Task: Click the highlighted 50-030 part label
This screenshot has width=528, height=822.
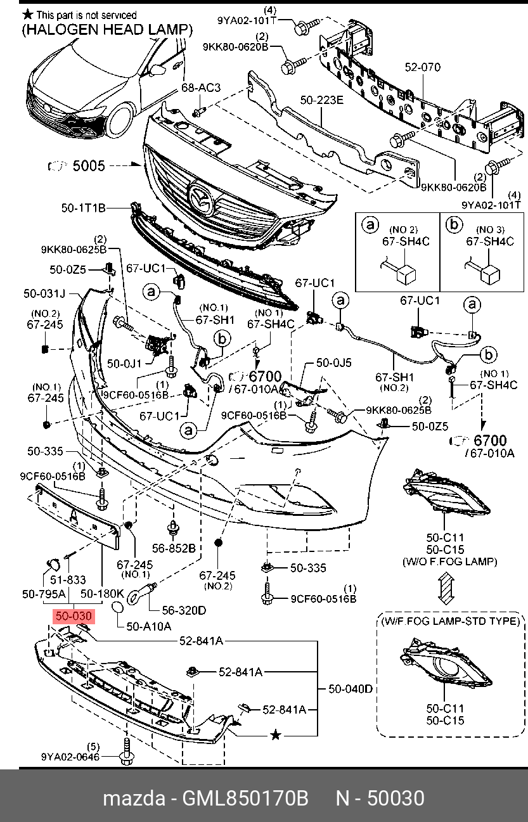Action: pos(74,616)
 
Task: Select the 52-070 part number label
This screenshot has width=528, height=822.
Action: pos(423,67)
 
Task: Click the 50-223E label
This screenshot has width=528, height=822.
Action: pos(322,100)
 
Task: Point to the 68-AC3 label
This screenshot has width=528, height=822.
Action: pos(201,87)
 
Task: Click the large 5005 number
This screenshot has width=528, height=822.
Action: pos(89,166)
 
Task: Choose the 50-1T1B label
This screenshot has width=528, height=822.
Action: pos(83,208)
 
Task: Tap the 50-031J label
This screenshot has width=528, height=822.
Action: pos(44,293)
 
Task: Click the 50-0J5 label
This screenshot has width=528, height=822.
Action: pos(334,363)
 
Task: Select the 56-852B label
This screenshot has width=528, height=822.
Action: pos(174,548)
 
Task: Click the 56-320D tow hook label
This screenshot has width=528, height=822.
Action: pos(184,610)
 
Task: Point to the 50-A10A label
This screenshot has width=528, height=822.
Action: pos(148,626)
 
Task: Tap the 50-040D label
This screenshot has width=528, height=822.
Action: pos(351,689)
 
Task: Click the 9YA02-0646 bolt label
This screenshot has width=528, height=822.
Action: pos(70,757)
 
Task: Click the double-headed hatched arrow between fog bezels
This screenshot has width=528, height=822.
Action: pos(446,589)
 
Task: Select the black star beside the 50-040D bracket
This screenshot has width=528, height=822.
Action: pos(275,735)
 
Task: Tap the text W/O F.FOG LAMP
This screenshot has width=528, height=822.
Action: pos(450,562)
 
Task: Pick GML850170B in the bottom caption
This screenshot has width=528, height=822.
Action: pos(245,798)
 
